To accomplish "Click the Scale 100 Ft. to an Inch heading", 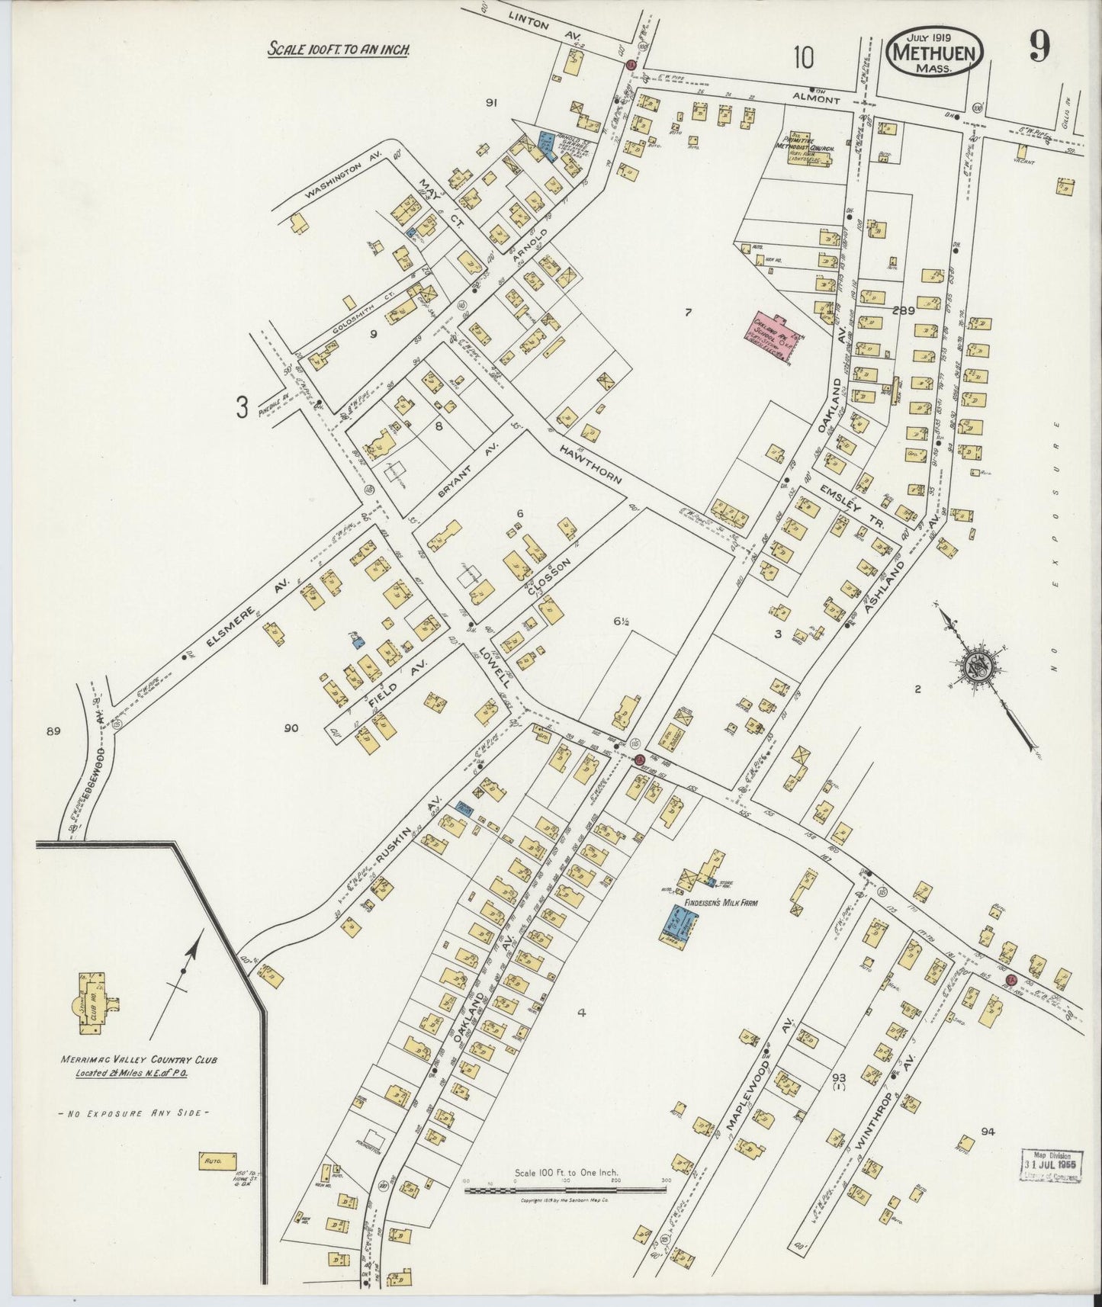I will click(339, 50).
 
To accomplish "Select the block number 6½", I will click(619, 622).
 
